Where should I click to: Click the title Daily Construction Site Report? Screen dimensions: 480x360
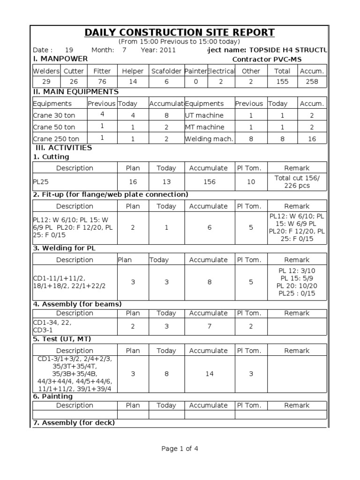tap(180, 32)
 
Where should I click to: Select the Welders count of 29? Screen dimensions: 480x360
tap(46, 82)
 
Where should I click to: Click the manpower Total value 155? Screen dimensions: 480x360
tap(282, 82)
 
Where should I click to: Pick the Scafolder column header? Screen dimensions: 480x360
tap(166, 71)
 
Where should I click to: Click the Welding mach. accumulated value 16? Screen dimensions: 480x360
tap(312, 139)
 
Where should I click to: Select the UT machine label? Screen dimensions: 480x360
tap(204, 115)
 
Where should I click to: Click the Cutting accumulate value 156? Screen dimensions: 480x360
tap(209, 182)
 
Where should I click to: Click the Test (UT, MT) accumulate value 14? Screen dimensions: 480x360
tap(209, 374)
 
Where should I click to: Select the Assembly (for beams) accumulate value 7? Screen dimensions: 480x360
tap(209, 326)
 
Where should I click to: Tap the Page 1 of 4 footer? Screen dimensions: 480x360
tap(180, 449)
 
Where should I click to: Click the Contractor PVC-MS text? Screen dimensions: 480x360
tap(267, 60)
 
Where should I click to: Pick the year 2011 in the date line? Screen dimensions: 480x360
tap(167, 50)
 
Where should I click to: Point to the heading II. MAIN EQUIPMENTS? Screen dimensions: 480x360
tap(75, 92)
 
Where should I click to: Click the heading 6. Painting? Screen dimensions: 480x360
tap(52, 397)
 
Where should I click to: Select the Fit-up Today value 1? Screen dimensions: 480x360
tap(166, 227)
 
